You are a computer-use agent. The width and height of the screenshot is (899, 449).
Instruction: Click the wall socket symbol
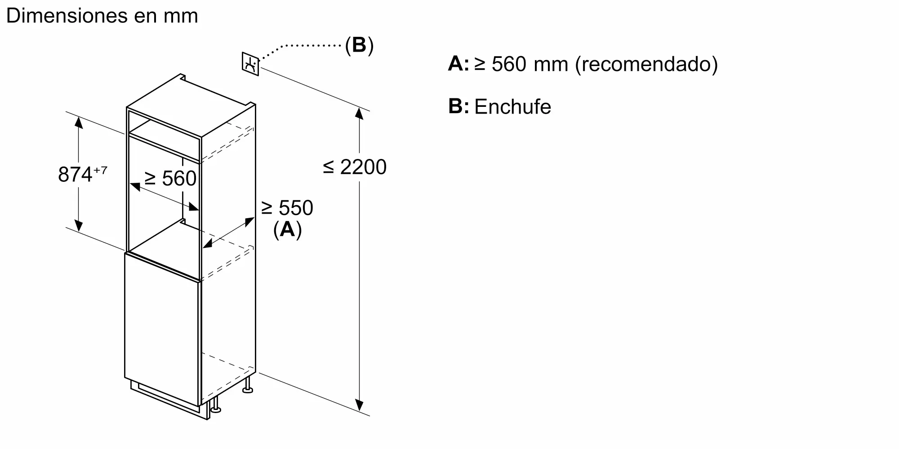(x=250, y=64)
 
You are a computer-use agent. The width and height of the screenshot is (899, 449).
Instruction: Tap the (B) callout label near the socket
(x=359, y=45)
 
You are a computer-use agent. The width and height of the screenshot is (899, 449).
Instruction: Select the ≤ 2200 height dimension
(x=355, y=167)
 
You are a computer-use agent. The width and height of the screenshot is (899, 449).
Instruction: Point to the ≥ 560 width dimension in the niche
(x=170, y=178)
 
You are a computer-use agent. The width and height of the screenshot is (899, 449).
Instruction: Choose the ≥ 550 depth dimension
(x=287, y=208)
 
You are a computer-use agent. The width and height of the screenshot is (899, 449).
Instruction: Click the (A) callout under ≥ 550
(x=288, y=229)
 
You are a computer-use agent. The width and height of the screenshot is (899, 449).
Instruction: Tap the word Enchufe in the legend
(x=512, y=107)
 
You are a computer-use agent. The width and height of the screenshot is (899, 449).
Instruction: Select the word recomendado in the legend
(x=646, y=64)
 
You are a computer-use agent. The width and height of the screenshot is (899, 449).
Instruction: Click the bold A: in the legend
(x=458, y=64)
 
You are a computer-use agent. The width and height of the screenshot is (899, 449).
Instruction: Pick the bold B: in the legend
(x=458, y=106)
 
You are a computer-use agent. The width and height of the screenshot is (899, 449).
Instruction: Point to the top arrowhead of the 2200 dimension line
(x=359, y=113)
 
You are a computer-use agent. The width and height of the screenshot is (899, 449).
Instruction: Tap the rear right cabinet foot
(x=247, y=385)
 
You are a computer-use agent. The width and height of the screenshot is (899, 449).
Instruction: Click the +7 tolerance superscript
(x=100, y=170)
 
